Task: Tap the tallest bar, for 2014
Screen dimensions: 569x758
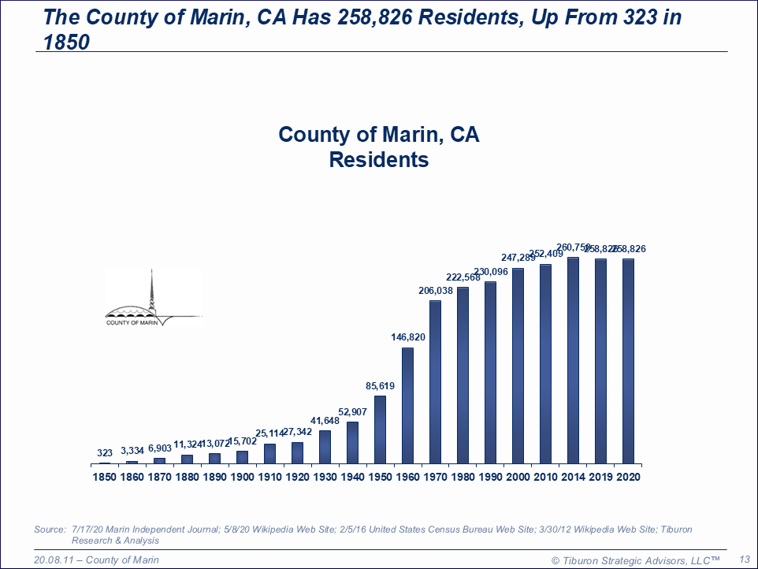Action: (x=573, y=359)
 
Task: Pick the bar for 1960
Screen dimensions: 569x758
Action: (x=407, y=405)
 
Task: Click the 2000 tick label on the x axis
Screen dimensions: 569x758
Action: (x=518, y=477)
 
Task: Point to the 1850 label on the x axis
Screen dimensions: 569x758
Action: (x=104, y=477)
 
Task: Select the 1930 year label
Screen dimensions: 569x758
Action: (x=325, y=477)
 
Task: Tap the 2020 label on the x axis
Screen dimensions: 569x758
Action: (x=628, y=477)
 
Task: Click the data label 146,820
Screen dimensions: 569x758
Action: (x=407, y=337)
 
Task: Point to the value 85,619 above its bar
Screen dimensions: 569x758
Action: (x=380, y=386)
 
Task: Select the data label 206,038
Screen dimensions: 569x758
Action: (x=435, y=291)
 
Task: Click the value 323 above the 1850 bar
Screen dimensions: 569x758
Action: (x=105, y=453)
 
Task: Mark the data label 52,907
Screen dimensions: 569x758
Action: (x=352, y=412)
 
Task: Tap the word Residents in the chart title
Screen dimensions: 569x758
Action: (x=378, y=160)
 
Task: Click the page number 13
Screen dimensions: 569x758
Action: (x=744, y=560)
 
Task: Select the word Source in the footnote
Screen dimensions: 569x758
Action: (x=49, y=530)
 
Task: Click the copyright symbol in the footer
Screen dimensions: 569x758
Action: (x=555, y=560)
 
